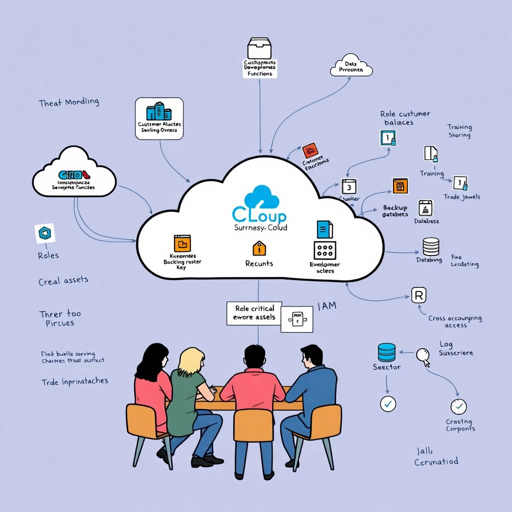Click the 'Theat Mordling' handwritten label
[x=69, y=102]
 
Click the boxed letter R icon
[x=418, y=295]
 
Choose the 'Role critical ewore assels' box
[x=254, y=313]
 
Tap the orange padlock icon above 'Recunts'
[x=258, y=247]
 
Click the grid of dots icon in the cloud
[x=324, y=250]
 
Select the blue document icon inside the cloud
[x=324, y=229]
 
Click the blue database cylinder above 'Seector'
[x=387, y=352]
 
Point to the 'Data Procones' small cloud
[x=351, y=67]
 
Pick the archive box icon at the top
[x=259, y=48]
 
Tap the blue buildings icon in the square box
[x=159, y=111]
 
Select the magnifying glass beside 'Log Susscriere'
[x=423, y=355]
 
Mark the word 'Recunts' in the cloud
[x=259, y=263]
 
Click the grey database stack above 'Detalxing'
[x=430, y=246]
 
